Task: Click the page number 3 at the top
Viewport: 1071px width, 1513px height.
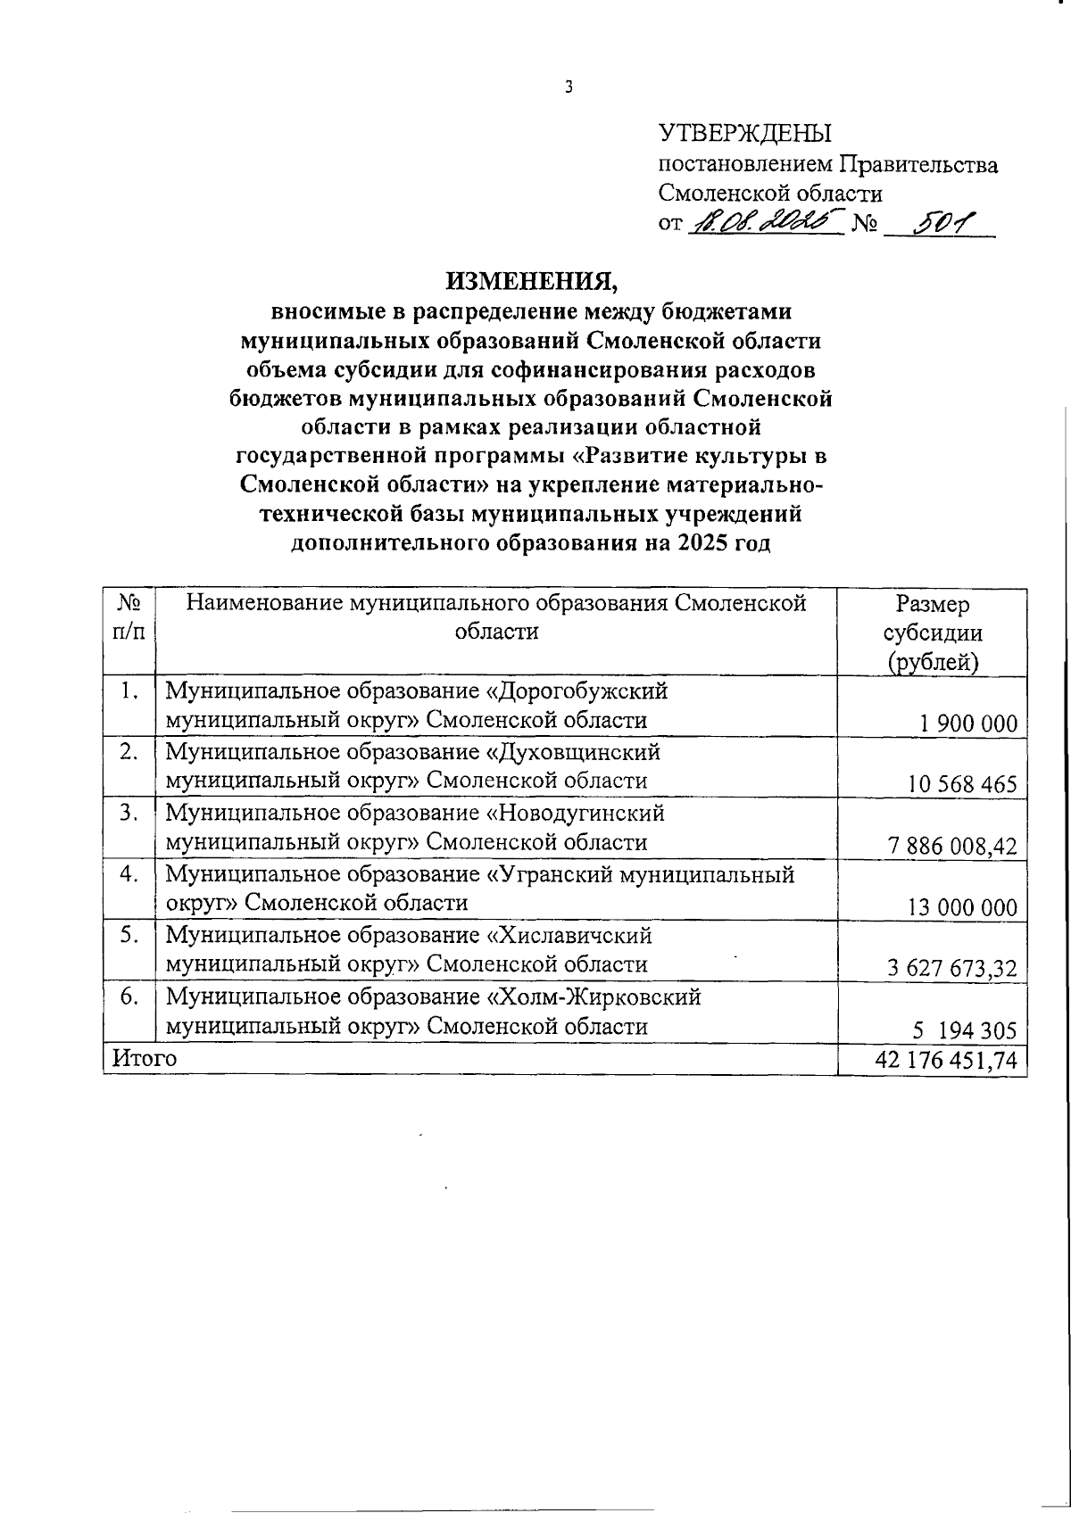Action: click(568, 87)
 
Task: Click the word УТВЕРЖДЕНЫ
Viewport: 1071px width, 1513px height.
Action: click(744, 134)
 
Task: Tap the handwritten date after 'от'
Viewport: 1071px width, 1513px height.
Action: click(766, 220)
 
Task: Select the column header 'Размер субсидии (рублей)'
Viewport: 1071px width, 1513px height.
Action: click(933, 632)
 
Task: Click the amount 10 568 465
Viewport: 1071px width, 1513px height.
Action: click(963, 785)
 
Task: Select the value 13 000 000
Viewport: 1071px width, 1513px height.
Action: click(962, 908)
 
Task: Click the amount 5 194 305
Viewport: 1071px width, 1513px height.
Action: click(964, 1030)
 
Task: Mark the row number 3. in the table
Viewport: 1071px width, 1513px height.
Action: click(130, 813)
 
